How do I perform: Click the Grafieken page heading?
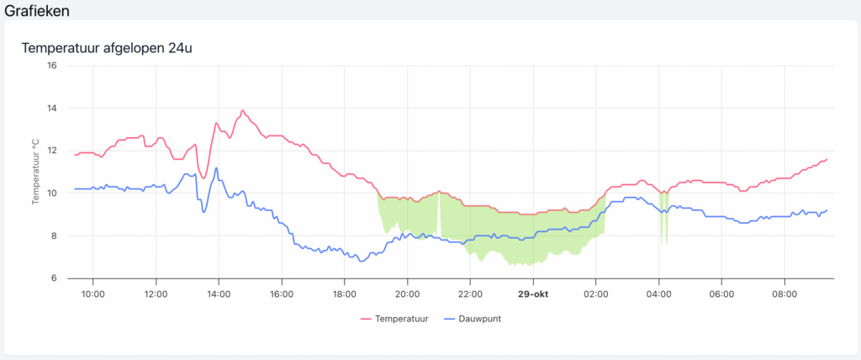click(x=37, y=11)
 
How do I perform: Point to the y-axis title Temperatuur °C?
click(x=36, y=172)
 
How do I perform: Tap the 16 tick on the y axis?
click(x=51, y=66)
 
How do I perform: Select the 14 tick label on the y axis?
click(x=51, y=109)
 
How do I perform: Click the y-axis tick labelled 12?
click(x=51, y=151)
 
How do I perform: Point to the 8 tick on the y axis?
click(x=54, y=236)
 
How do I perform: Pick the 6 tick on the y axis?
click(x=54, y=278)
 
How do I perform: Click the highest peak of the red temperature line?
click(x=243, y=110)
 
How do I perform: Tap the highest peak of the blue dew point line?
click(x=216, y=167)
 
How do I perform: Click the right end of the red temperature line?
click(x=827, y=159)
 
